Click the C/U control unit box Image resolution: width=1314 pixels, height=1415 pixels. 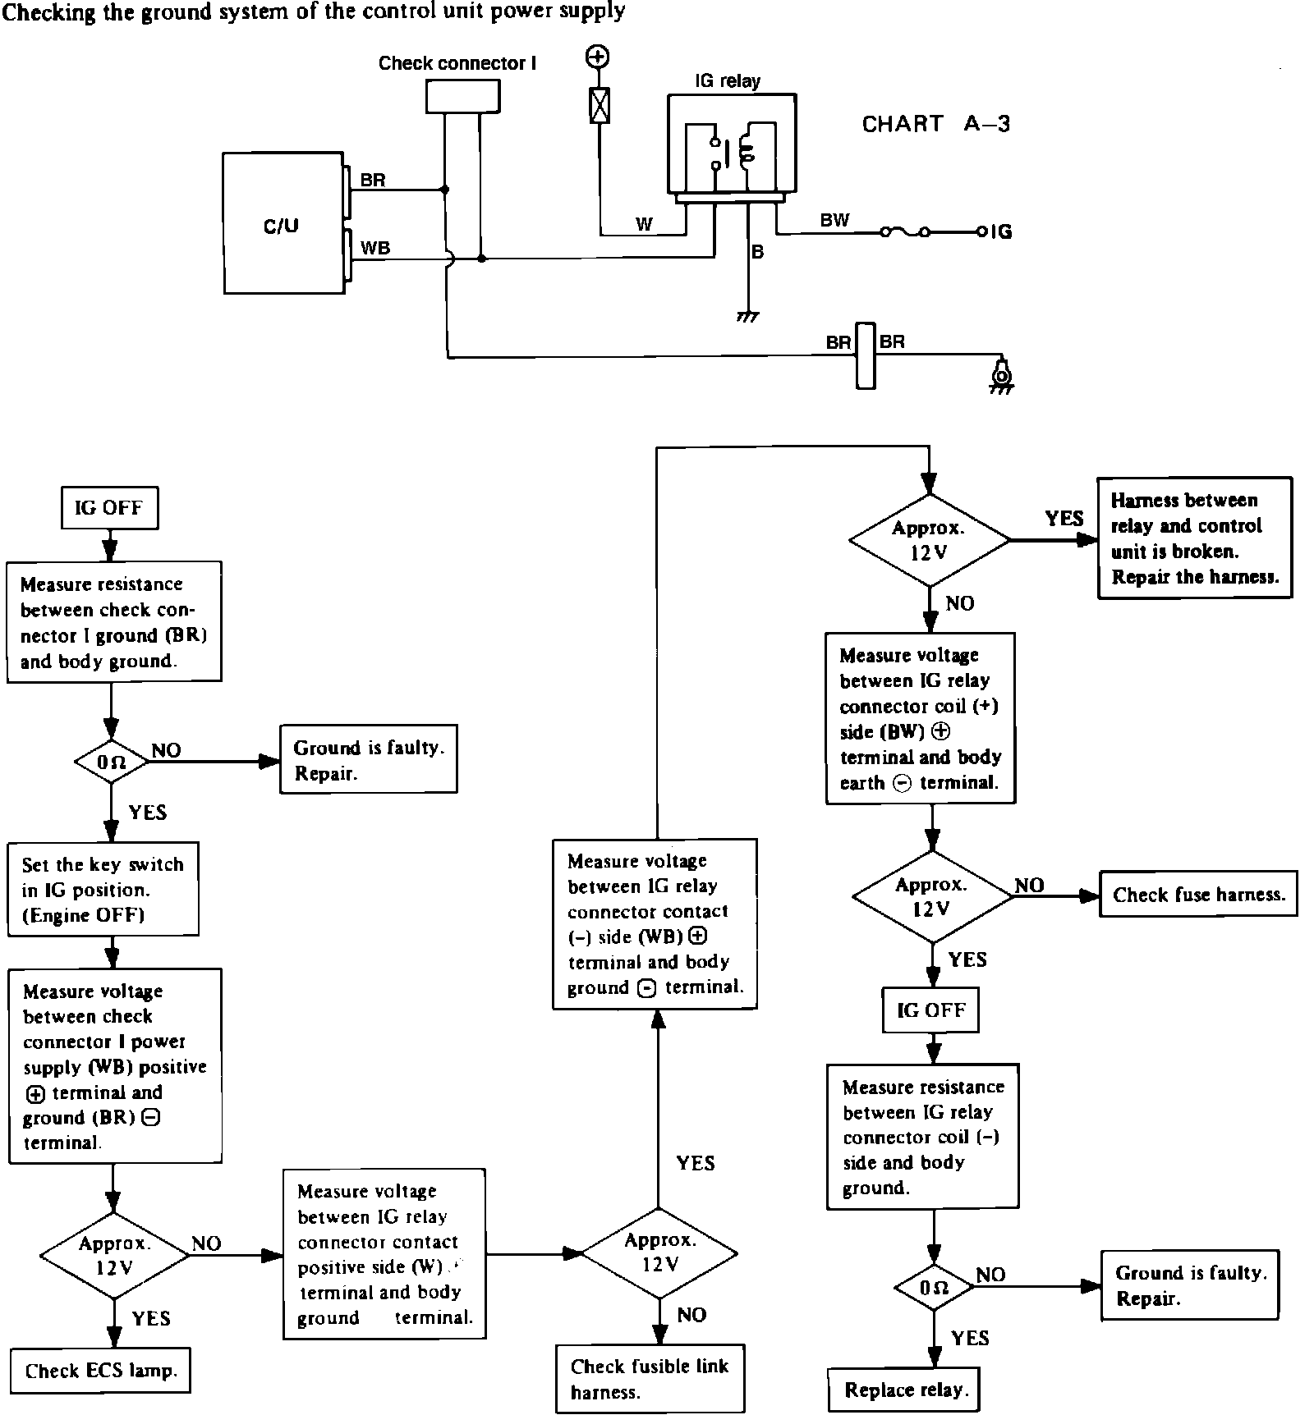pyautogui.click(x=283, y=223)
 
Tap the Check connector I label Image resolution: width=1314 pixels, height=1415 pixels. pyautogui.click(x=457, y=63)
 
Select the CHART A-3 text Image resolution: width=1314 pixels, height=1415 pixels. pyautogui.click(x=935, y=124)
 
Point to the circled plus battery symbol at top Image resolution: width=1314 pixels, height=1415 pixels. pyautogui.click(x=598, y=57)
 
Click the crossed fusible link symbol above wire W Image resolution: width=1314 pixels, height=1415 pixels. pyautogui.click(x=600, y=105)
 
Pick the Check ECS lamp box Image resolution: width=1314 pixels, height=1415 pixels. pyautogui.click(x=101, y=1370)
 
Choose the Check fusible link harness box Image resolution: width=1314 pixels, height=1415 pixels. pyautogui.click(x=650, y=1378)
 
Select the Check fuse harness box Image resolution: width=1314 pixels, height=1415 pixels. pyautogui.click(x=1198, y=894)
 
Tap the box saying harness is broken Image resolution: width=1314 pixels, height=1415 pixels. pyautogui.click(x=1194, y=538)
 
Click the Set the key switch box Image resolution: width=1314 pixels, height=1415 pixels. pyautogui.click(x=103, y=889)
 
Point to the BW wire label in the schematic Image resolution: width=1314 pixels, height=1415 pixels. pyautogui.click(x=834, y=220)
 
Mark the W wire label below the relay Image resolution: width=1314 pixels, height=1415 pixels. pyautogui.click(x=645, y=224)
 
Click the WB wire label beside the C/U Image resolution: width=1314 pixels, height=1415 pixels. pyautogui.click(x=375, y=247)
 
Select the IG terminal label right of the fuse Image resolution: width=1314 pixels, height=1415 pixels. pyautogui.click(x=1001, y=231)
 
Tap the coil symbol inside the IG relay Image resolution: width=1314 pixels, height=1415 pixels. pyautogui.click(x=747, y=150)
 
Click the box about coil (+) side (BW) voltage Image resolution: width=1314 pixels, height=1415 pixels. pyautogui.click(x=920, y=718)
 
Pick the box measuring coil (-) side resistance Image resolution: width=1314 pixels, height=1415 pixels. pyautogui.click(x=922, y=1136)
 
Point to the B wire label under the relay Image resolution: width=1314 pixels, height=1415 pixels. pyautogui.click(x=757, y=252)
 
